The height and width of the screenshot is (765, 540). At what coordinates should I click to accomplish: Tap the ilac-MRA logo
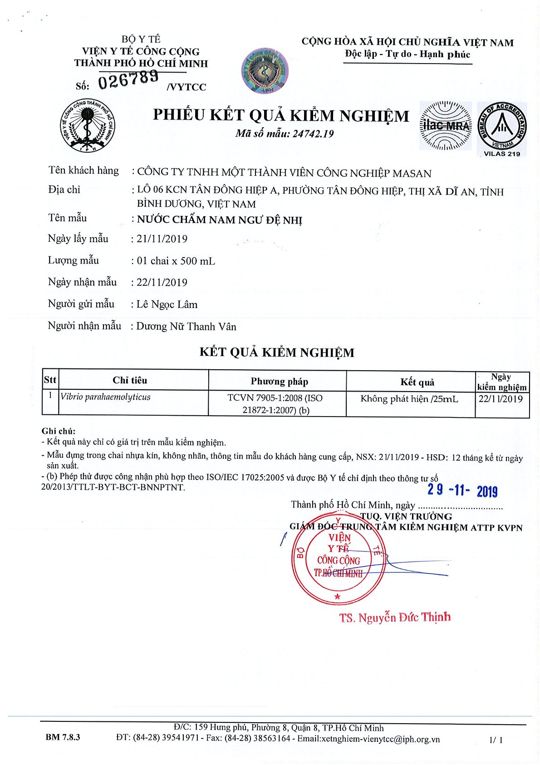(445, 126)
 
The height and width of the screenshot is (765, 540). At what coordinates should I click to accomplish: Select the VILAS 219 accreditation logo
(502, 128)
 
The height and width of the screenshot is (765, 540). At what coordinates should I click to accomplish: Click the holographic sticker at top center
(265, 71)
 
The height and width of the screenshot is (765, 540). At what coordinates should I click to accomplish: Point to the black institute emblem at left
(88, 125)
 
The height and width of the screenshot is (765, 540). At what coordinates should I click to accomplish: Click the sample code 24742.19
(313, 134)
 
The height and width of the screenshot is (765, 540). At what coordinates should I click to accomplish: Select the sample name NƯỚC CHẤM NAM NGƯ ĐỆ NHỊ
(220, 220)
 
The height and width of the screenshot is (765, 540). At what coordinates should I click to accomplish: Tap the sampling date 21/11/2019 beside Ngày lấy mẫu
(162, 239)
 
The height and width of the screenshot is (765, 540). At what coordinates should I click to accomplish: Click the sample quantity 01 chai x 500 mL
(176, 261)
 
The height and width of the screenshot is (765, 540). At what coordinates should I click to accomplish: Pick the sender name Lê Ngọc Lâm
(167, 304)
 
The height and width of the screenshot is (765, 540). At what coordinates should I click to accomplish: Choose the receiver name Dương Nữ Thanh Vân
(187, 327)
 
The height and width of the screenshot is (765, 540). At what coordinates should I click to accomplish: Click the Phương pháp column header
(279, 381)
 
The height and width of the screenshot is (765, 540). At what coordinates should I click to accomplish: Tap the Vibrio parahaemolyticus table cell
(105, 397)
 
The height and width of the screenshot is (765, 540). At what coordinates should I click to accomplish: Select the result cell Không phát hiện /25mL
(409, 399)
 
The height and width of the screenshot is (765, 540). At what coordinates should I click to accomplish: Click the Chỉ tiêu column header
(130, 380)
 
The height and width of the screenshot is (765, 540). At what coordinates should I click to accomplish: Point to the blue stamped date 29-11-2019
(462, 490)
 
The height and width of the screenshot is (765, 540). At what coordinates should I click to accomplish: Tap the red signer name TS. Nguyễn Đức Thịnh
(395, 617)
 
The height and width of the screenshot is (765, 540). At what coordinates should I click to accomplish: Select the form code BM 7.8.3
(63, 737)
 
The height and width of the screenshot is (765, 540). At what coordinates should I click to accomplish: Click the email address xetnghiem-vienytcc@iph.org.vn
(368, 739)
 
